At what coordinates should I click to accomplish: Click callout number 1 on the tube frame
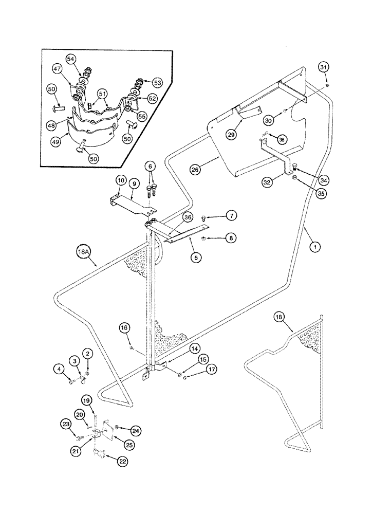pos(314,247)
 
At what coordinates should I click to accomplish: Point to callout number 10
pos(121,180)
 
